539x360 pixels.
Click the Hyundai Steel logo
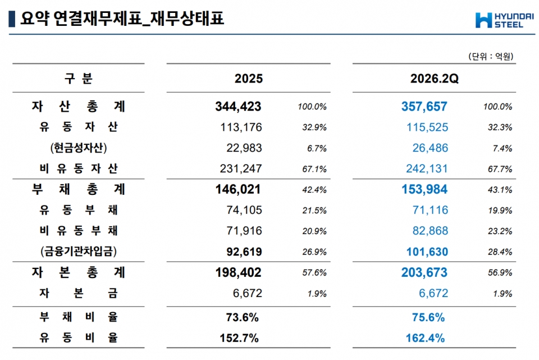click(x=504, y=20)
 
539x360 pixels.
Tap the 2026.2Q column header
click(x=434, y=79)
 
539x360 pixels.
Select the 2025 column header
click(x=249, y=79)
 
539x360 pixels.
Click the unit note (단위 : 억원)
click(x=491, y=56)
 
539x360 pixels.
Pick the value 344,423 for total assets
click(x=238, y=107)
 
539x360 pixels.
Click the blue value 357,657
click(x=424, y=107)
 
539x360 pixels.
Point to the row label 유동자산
click(x=79, y=127)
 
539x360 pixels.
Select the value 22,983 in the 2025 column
click(x=244, y=148)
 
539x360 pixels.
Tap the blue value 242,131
click(x=427, y=168)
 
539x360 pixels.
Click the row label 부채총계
click(x=79, y=189)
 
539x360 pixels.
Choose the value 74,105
click(x=244, y=209)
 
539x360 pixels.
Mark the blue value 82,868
click(x=431, y=231)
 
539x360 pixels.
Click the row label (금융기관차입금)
click(x=79, y=252)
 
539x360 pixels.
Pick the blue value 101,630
click(x=427, y=252)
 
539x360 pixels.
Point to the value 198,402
click(x=238, y=272)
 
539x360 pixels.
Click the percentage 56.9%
click(x=500, y=272)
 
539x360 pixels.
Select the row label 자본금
click(x=79, y=293)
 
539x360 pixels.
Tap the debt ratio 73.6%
click(x=243, y=317)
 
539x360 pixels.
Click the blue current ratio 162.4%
click(x=425, y=338)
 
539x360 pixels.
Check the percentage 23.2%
click(x=500, y=231)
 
